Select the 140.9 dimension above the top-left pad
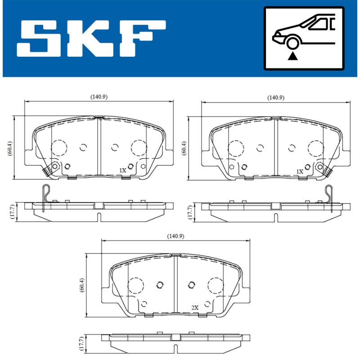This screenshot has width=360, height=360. (98, 97)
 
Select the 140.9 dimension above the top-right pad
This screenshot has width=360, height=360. (275, 97)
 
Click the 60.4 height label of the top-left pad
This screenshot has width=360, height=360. (9, 147)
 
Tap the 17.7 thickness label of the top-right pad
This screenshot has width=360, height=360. (189, 211)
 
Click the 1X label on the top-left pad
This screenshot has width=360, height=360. (122, 171)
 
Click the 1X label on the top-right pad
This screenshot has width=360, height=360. (300, 171)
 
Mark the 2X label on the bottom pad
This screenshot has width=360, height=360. (194, 307)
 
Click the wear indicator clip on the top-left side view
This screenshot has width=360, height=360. (44, 196)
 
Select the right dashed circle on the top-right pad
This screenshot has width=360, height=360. (315, 147)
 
